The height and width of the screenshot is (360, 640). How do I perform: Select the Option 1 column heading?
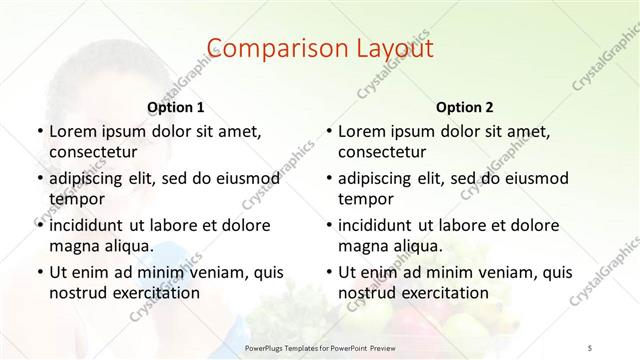click(x=175, y=107)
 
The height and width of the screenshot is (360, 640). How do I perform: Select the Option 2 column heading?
click(x=464, y=107)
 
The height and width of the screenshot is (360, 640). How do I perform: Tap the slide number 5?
click(x=591, y=346)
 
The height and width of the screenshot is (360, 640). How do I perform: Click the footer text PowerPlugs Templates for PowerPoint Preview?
click(x=320, y=346)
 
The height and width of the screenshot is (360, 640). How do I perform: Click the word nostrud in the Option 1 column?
click(x=77, y=292)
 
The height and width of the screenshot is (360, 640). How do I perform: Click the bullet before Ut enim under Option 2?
click(x=329, y=271)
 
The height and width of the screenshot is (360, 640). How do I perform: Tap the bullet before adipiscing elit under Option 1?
click(x=39, y=178)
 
